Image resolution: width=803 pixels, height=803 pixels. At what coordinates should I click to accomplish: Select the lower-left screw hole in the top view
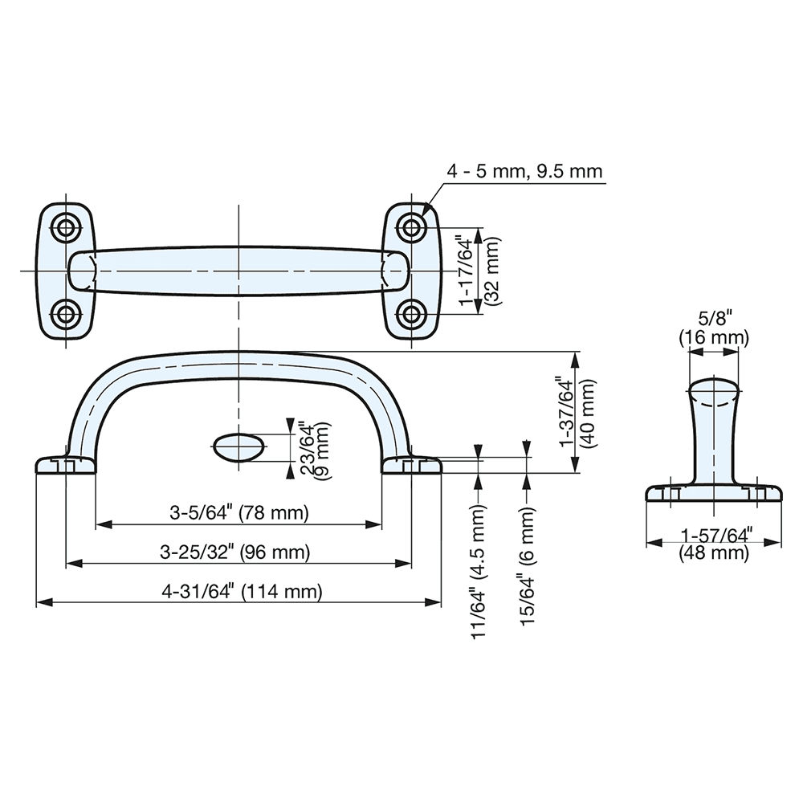coord(64,313)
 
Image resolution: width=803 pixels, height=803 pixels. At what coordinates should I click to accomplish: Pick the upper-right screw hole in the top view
coord(412,228)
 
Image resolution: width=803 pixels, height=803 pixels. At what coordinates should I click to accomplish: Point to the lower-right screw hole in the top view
coord(412,313)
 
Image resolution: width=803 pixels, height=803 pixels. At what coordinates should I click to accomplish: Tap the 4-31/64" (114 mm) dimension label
coord(241,593)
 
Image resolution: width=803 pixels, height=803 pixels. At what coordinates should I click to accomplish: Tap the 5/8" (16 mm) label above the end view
coord(714,327)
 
